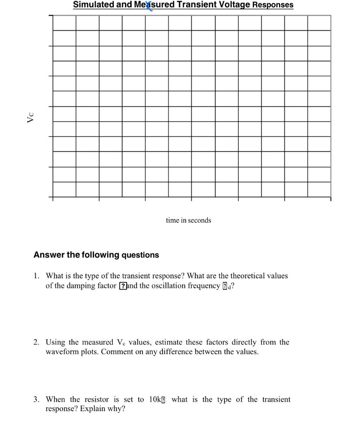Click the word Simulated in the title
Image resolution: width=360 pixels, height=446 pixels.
(x=91, y=5)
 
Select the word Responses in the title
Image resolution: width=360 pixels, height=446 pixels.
(x=273, y=5)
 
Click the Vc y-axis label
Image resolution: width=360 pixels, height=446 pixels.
(x=31, y=118)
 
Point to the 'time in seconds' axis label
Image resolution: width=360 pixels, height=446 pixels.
(x=188, y=220)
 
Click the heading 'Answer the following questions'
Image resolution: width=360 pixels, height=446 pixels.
(x=96, y=255)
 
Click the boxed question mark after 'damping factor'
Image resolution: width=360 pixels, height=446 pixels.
(x=123, y=286)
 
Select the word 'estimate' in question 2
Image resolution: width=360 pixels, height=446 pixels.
(x=168, y=342)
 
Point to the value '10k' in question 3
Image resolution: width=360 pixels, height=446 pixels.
(x=155, y=399)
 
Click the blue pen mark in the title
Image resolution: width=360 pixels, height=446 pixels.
(x=149, y=6)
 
